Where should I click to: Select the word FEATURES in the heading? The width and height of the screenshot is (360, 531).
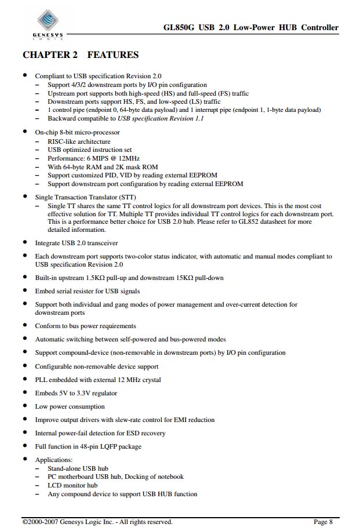[x=113, y=55]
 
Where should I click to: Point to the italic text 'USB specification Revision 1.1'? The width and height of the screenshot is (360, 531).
[x=161, y=118]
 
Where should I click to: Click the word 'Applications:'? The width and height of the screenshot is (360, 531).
[x=53, y=460]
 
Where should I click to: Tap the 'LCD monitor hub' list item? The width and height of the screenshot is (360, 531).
[x=72, y=485]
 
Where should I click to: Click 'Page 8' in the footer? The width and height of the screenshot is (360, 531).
[x=323, y=522]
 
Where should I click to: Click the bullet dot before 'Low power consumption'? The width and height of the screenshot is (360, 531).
[x=24, y=406]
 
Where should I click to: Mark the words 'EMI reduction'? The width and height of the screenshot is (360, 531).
[x=195, y=420]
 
